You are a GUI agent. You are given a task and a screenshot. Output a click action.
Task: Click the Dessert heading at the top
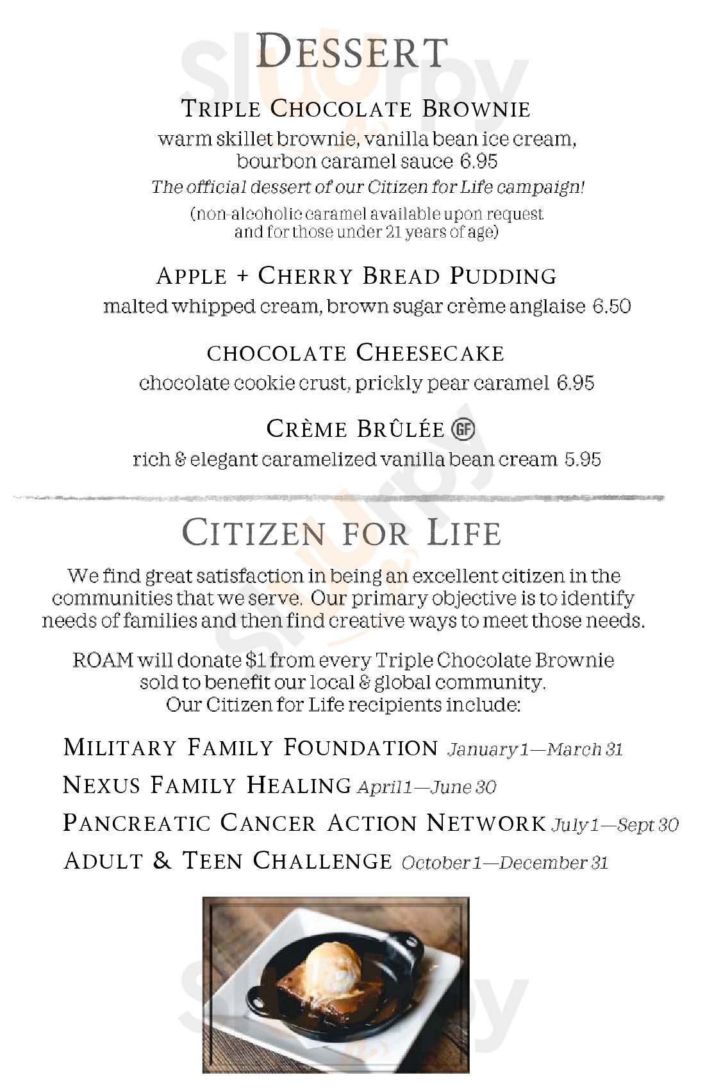(351, 52)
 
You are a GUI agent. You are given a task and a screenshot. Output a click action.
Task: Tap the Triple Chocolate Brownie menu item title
(356, 109)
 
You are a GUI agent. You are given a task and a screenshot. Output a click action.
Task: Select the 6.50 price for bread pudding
(611, 306)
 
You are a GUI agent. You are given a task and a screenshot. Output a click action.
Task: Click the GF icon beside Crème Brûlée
(463, 429)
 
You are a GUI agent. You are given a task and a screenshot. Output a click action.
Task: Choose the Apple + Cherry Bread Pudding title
(356, 276)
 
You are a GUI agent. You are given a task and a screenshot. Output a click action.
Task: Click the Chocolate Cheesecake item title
(356, 352)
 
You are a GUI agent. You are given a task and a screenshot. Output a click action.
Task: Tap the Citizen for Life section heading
(341, 533)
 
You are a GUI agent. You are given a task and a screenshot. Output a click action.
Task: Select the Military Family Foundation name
(250, 748)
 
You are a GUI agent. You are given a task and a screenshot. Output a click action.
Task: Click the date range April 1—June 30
(426, 787)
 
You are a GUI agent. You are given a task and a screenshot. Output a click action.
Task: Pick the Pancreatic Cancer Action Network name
(304, 823)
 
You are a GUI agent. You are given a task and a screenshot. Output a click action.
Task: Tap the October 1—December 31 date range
(504, 862)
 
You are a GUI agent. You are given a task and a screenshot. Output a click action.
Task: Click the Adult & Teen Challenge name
(228, 860)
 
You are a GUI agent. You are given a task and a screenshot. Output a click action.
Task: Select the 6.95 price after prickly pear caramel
(576, 383)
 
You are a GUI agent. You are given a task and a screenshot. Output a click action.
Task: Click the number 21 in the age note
(393, 232)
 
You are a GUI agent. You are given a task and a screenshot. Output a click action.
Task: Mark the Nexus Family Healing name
(207, 785)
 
